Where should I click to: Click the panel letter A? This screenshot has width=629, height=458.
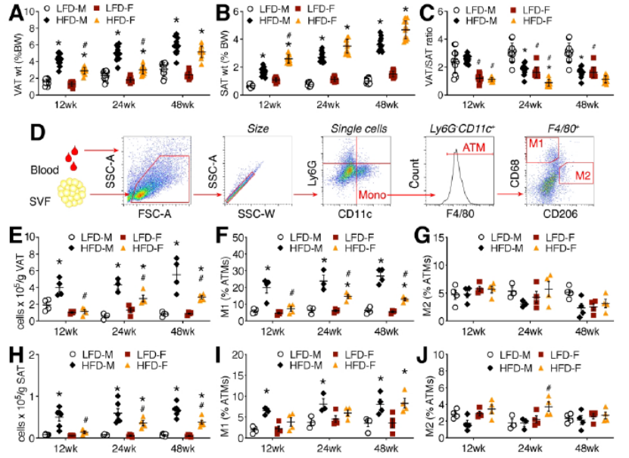click(x=10, y=13)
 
